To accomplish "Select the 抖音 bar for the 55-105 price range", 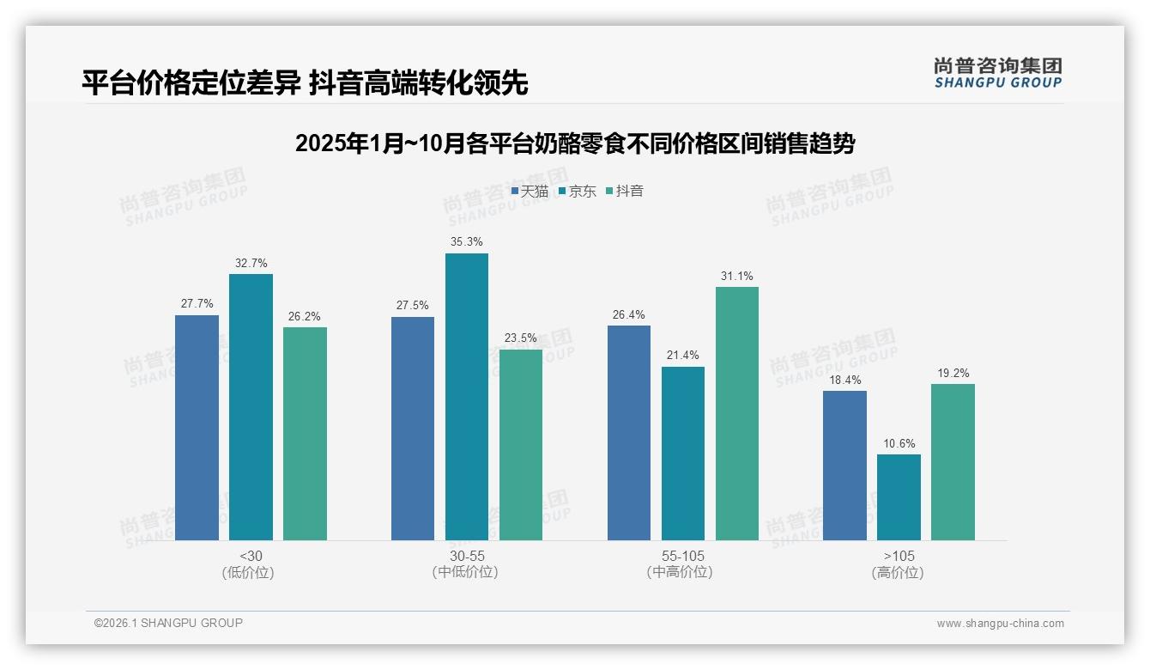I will click(736, 413).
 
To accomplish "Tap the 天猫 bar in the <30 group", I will click(197, 428).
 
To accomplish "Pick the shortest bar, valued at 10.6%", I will click(899, 497).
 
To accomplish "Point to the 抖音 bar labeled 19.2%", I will click(953, 462).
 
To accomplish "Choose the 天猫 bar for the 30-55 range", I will click(413, 429).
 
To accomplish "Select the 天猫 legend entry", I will click(530, 192).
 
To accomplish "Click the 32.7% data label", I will click(251, 263).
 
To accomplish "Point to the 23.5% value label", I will click(520, 338).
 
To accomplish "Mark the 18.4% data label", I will click(844, 380).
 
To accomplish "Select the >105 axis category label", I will click(898, 564).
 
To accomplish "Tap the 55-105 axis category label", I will click(682, 564).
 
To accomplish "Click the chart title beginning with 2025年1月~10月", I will click(575, 143).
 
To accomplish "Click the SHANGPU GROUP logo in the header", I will click(997, 73).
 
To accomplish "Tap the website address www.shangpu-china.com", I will click(1000, 624).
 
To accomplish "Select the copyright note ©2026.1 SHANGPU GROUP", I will click(168, 623).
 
